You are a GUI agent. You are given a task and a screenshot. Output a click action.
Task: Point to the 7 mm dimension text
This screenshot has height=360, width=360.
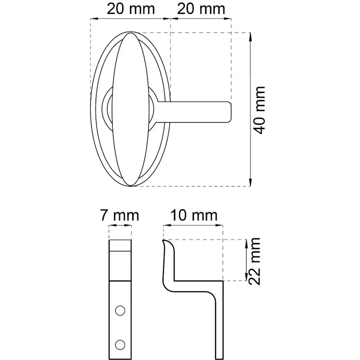pyautogui.click(x=120, y=216)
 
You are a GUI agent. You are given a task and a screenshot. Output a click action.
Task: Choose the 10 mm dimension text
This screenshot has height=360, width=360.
pyautogui.click(x=193, y=216)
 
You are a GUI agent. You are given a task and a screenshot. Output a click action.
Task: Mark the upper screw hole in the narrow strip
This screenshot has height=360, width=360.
pyautogui.click(x=120, y=310)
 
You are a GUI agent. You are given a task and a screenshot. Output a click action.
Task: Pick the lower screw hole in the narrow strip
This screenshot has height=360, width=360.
pyautogui.click(x=120, y=345)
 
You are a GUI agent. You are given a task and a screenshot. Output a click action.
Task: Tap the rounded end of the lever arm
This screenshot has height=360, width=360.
pyautogui.click(x=227, y=111)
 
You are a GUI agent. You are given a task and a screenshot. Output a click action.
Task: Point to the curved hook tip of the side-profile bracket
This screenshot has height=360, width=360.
pyautogui.click(x=165, y=240)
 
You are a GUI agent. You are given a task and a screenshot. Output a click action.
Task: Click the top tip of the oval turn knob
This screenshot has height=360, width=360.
pyautogui.click(x=131, y=33)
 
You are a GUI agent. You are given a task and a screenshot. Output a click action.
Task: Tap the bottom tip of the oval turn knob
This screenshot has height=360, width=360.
pyautogui.click(x=131, y=186)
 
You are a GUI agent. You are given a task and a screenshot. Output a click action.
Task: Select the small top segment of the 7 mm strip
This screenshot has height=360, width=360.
pyautogui.click(x=120, y=246)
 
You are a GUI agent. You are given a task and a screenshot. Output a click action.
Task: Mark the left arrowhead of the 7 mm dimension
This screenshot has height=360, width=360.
pyautogui.click(x=110, y=226)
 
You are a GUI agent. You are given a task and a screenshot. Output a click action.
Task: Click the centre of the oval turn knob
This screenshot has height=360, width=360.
pyautogui.click(x=131, y=110)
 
